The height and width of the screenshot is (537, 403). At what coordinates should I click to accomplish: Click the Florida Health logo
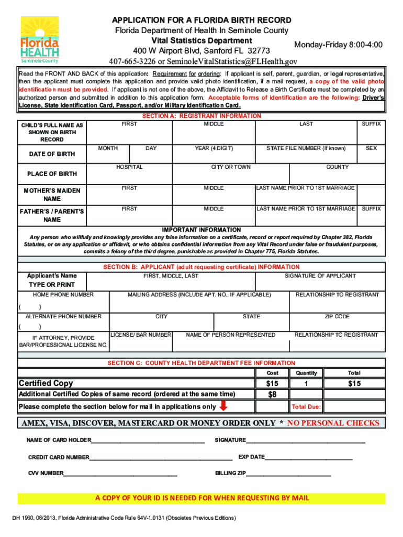pos(39,40)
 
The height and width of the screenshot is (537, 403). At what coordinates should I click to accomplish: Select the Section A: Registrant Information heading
pos(201,116)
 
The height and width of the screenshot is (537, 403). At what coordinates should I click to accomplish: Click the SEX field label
pos(371,148)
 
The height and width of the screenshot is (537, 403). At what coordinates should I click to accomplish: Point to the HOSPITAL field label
pos(129,167)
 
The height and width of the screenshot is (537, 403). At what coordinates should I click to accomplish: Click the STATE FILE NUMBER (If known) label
pos(306,148)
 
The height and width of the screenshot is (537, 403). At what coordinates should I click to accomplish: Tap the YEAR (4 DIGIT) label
pos(214,148)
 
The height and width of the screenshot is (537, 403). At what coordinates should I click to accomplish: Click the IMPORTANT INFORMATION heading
pos(201,230)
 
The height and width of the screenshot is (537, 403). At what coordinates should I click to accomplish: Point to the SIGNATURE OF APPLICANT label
pos(320,276)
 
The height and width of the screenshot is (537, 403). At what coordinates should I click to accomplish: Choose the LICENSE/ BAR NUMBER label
pos(141,335)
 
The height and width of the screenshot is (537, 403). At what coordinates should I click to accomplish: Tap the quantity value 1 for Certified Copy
pos(307,384)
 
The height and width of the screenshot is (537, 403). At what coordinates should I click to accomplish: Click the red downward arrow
pos(223,406)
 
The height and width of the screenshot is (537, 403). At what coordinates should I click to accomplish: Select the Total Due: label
pos(306,407)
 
